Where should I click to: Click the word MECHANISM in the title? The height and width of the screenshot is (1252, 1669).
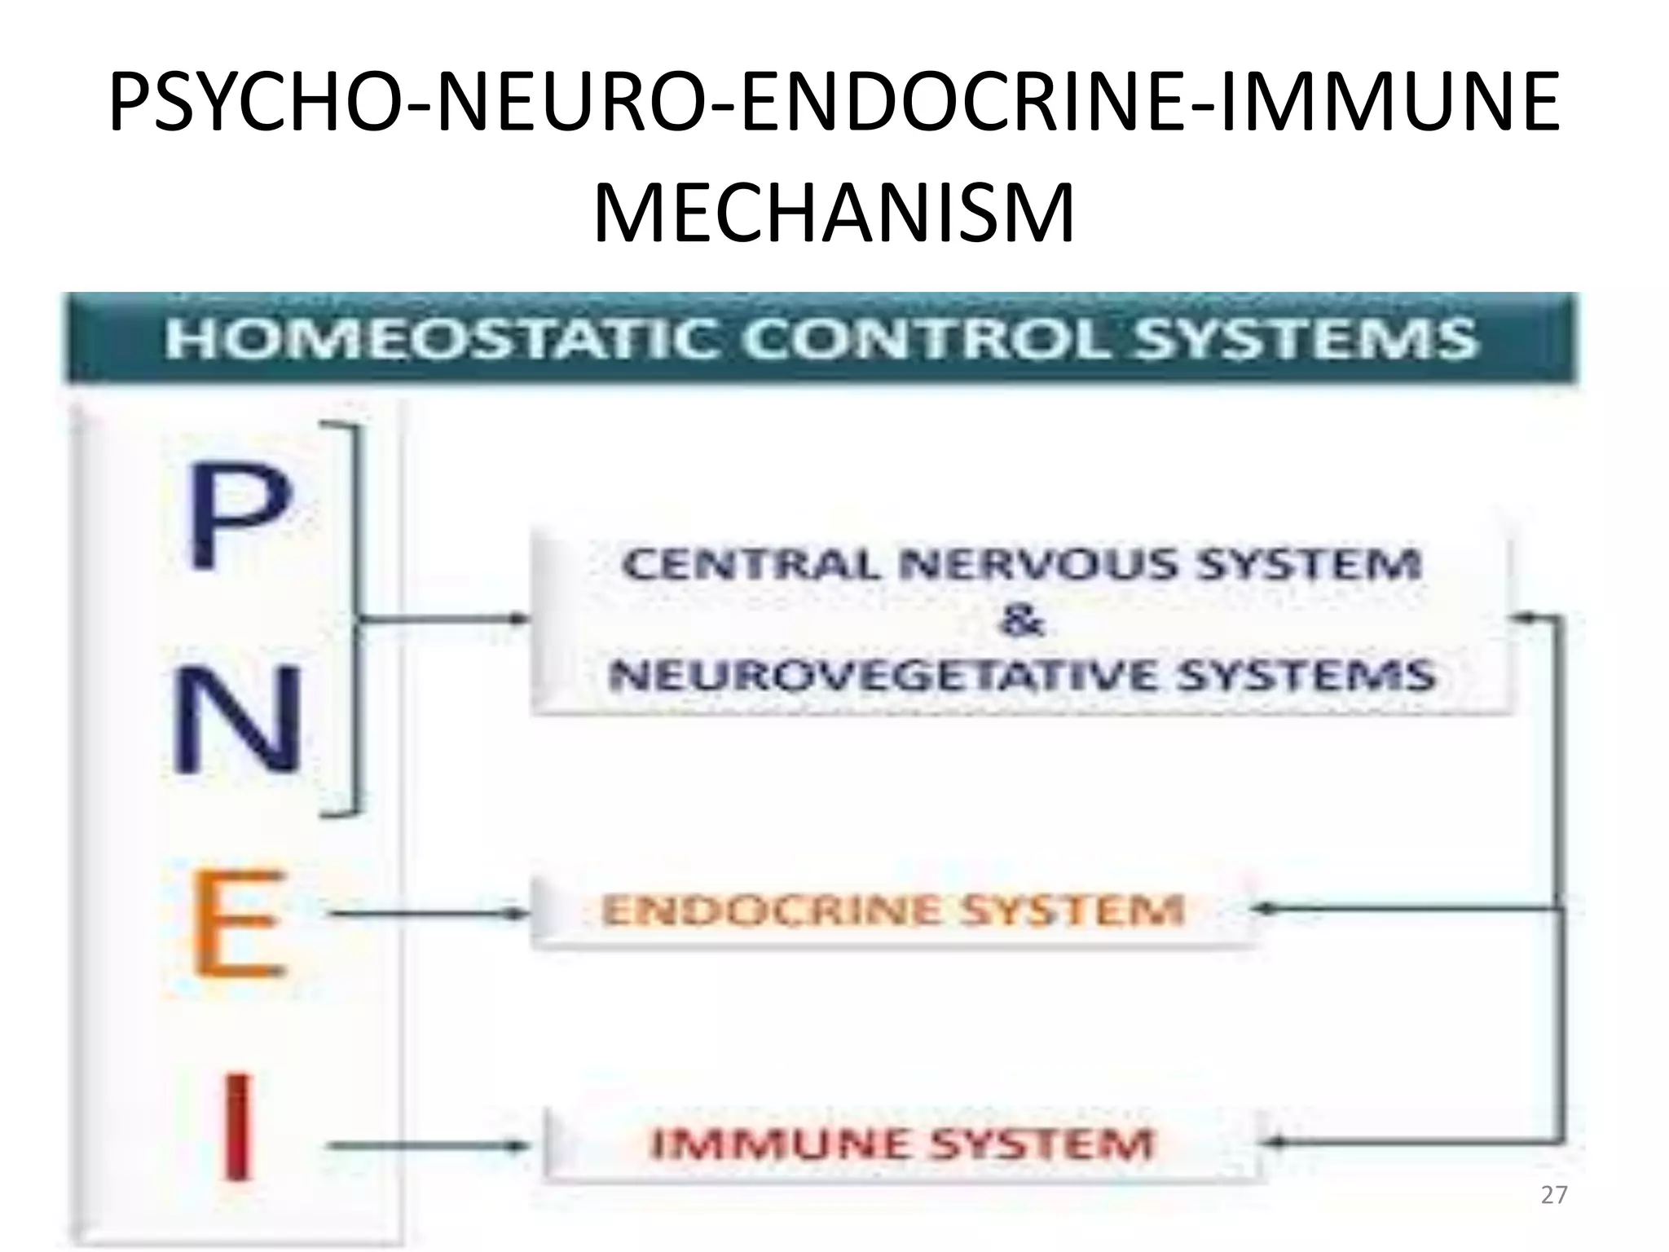834,214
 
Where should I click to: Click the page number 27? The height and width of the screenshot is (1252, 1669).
1554,1195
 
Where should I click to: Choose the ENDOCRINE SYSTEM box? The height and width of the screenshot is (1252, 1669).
892,911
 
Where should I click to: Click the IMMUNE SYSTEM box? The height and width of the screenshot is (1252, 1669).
901,1144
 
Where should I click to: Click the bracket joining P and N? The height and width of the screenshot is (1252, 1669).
353,619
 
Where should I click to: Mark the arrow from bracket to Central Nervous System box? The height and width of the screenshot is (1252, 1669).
444,619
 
